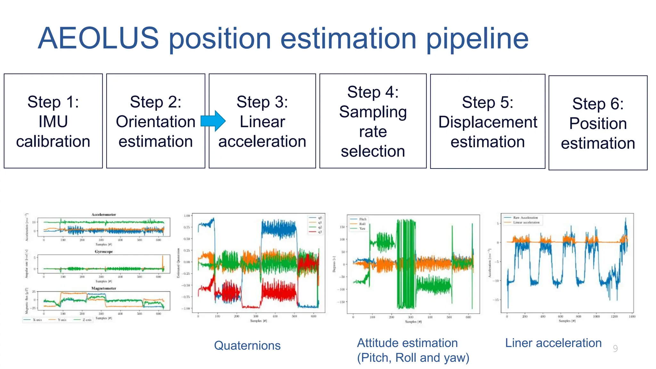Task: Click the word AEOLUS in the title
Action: click(x=98, y=38)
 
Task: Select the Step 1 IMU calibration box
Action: click(x=53, y=121)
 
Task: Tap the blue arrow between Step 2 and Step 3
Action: click(x=213, y=121)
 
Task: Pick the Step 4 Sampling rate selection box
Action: click(x=373, y=121)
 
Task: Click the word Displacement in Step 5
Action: click(x=488, y=122)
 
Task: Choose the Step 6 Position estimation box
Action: click(x=598, y=123)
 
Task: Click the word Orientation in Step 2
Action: click(x=155, y=122)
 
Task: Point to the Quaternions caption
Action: click(x=247, y=346)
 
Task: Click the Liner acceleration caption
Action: click(x=553, y=343)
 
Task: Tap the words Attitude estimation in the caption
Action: click(x=407, y=343)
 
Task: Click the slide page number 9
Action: click(x=615, y=348)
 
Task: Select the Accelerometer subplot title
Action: click(x=103, y=215)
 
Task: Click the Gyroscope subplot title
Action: click(x=103, y=252)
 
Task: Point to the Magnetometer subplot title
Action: click(x=103, y=288)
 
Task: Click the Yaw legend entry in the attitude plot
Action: click(x=362, y=229)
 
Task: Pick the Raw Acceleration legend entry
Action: click(x=525, y=217)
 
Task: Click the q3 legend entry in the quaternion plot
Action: click(x=320, y=232)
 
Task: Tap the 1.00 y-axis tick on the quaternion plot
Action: click(x=187, y=216)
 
